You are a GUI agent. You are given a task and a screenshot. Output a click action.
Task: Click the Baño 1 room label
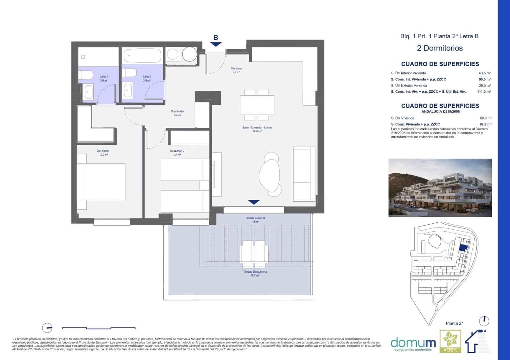point(104,78)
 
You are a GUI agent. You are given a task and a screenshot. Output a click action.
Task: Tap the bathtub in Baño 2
point(142,56)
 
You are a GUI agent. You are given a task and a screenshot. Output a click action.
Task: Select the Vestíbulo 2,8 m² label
point(236,70)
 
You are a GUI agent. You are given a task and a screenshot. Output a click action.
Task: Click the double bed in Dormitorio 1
point(101,182)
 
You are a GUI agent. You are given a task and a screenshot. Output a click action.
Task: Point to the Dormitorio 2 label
point(177,153)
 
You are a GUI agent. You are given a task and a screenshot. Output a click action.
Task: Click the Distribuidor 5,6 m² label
point(178,113)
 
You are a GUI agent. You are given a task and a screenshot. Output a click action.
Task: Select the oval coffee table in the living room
point(270,174)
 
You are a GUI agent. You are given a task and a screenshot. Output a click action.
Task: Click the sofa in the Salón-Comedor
point(304,174)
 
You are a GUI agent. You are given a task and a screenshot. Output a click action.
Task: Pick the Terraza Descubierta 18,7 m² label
point(255,273)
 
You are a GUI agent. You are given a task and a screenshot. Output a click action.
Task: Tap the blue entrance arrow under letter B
point(216,44)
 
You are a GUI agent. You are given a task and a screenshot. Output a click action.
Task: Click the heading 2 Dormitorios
point(440,48)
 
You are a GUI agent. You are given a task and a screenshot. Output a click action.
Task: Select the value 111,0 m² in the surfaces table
point(484,92)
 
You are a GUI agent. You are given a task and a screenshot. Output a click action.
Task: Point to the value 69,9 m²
point(485,118)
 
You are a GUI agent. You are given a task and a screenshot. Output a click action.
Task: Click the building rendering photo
point(440,187)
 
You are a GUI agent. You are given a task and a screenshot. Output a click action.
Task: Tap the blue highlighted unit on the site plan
point(463,248)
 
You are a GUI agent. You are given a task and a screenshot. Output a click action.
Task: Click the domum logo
point(413,343)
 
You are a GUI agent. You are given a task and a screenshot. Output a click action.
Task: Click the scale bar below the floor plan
point(98,328)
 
